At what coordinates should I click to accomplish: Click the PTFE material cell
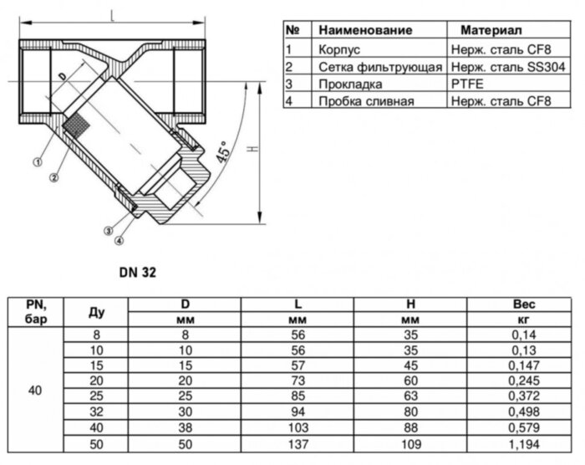[466, 84]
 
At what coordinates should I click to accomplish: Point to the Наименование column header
[365, 30]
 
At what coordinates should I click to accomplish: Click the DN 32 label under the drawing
[137, 272]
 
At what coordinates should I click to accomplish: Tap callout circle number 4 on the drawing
[119, 240]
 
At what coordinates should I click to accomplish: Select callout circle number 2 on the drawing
[53, 176]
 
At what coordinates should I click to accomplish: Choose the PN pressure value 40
[34, 391]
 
